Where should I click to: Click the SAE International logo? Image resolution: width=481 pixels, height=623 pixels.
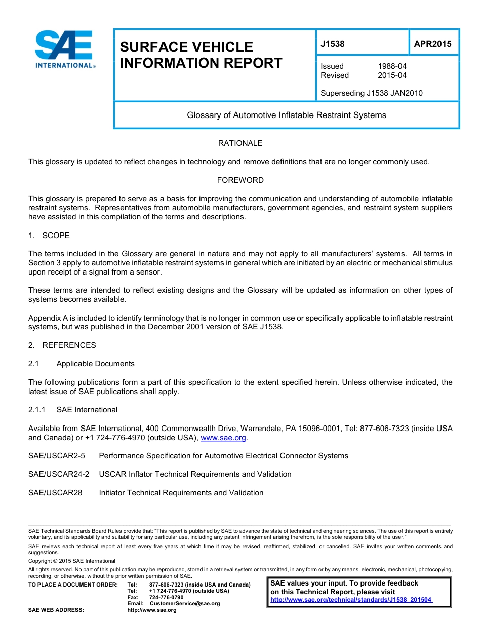click(65, 49)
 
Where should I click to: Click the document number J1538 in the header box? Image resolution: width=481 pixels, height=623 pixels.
click(333, 44)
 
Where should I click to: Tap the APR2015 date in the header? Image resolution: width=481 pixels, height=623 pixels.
click(432, 44)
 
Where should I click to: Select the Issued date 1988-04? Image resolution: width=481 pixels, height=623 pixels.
click(392, 66)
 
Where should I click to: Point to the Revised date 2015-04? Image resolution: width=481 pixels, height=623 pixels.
click(392, 75)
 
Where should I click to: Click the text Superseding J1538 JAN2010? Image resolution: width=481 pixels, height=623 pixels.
click(371, 93)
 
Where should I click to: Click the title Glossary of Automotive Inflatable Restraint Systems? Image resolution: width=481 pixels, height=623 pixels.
click(287, 115)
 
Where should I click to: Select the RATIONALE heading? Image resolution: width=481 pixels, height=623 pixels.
click(240, 143)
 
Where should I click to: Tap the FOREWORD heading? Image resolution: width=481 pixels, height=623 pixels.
click(240, 180)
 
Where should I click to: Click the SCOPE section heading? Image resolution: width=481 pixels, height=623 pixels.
click(56, 236)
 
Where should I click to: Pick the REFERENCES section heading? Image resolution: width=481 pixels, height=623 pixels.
click(69, 345)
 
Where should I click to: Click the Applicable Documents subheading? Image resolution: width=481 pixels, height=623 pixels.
click(95, 364)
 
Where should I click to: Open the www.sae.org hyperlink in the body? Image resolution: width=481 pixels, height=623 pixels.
click(223, 438)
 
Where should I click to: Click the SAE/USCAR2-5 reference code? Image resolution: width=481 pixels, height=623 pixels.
click(57, 456)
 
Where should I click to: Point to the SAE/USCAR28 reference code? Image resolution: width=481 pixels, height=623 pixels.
click(55, 493)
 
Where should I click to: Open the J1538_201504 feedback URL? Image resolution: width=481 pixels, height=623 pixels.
click(351, 600)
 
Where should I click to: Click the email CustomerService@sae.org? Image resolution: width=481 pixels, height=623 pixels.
click(185, 604)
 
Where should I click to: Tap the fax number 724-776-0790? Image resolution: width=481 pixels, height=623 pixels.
click(166, 597)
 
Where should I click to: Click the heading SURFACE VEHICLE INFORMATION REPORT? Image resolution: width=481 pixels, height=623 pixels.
click(201, 55)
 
